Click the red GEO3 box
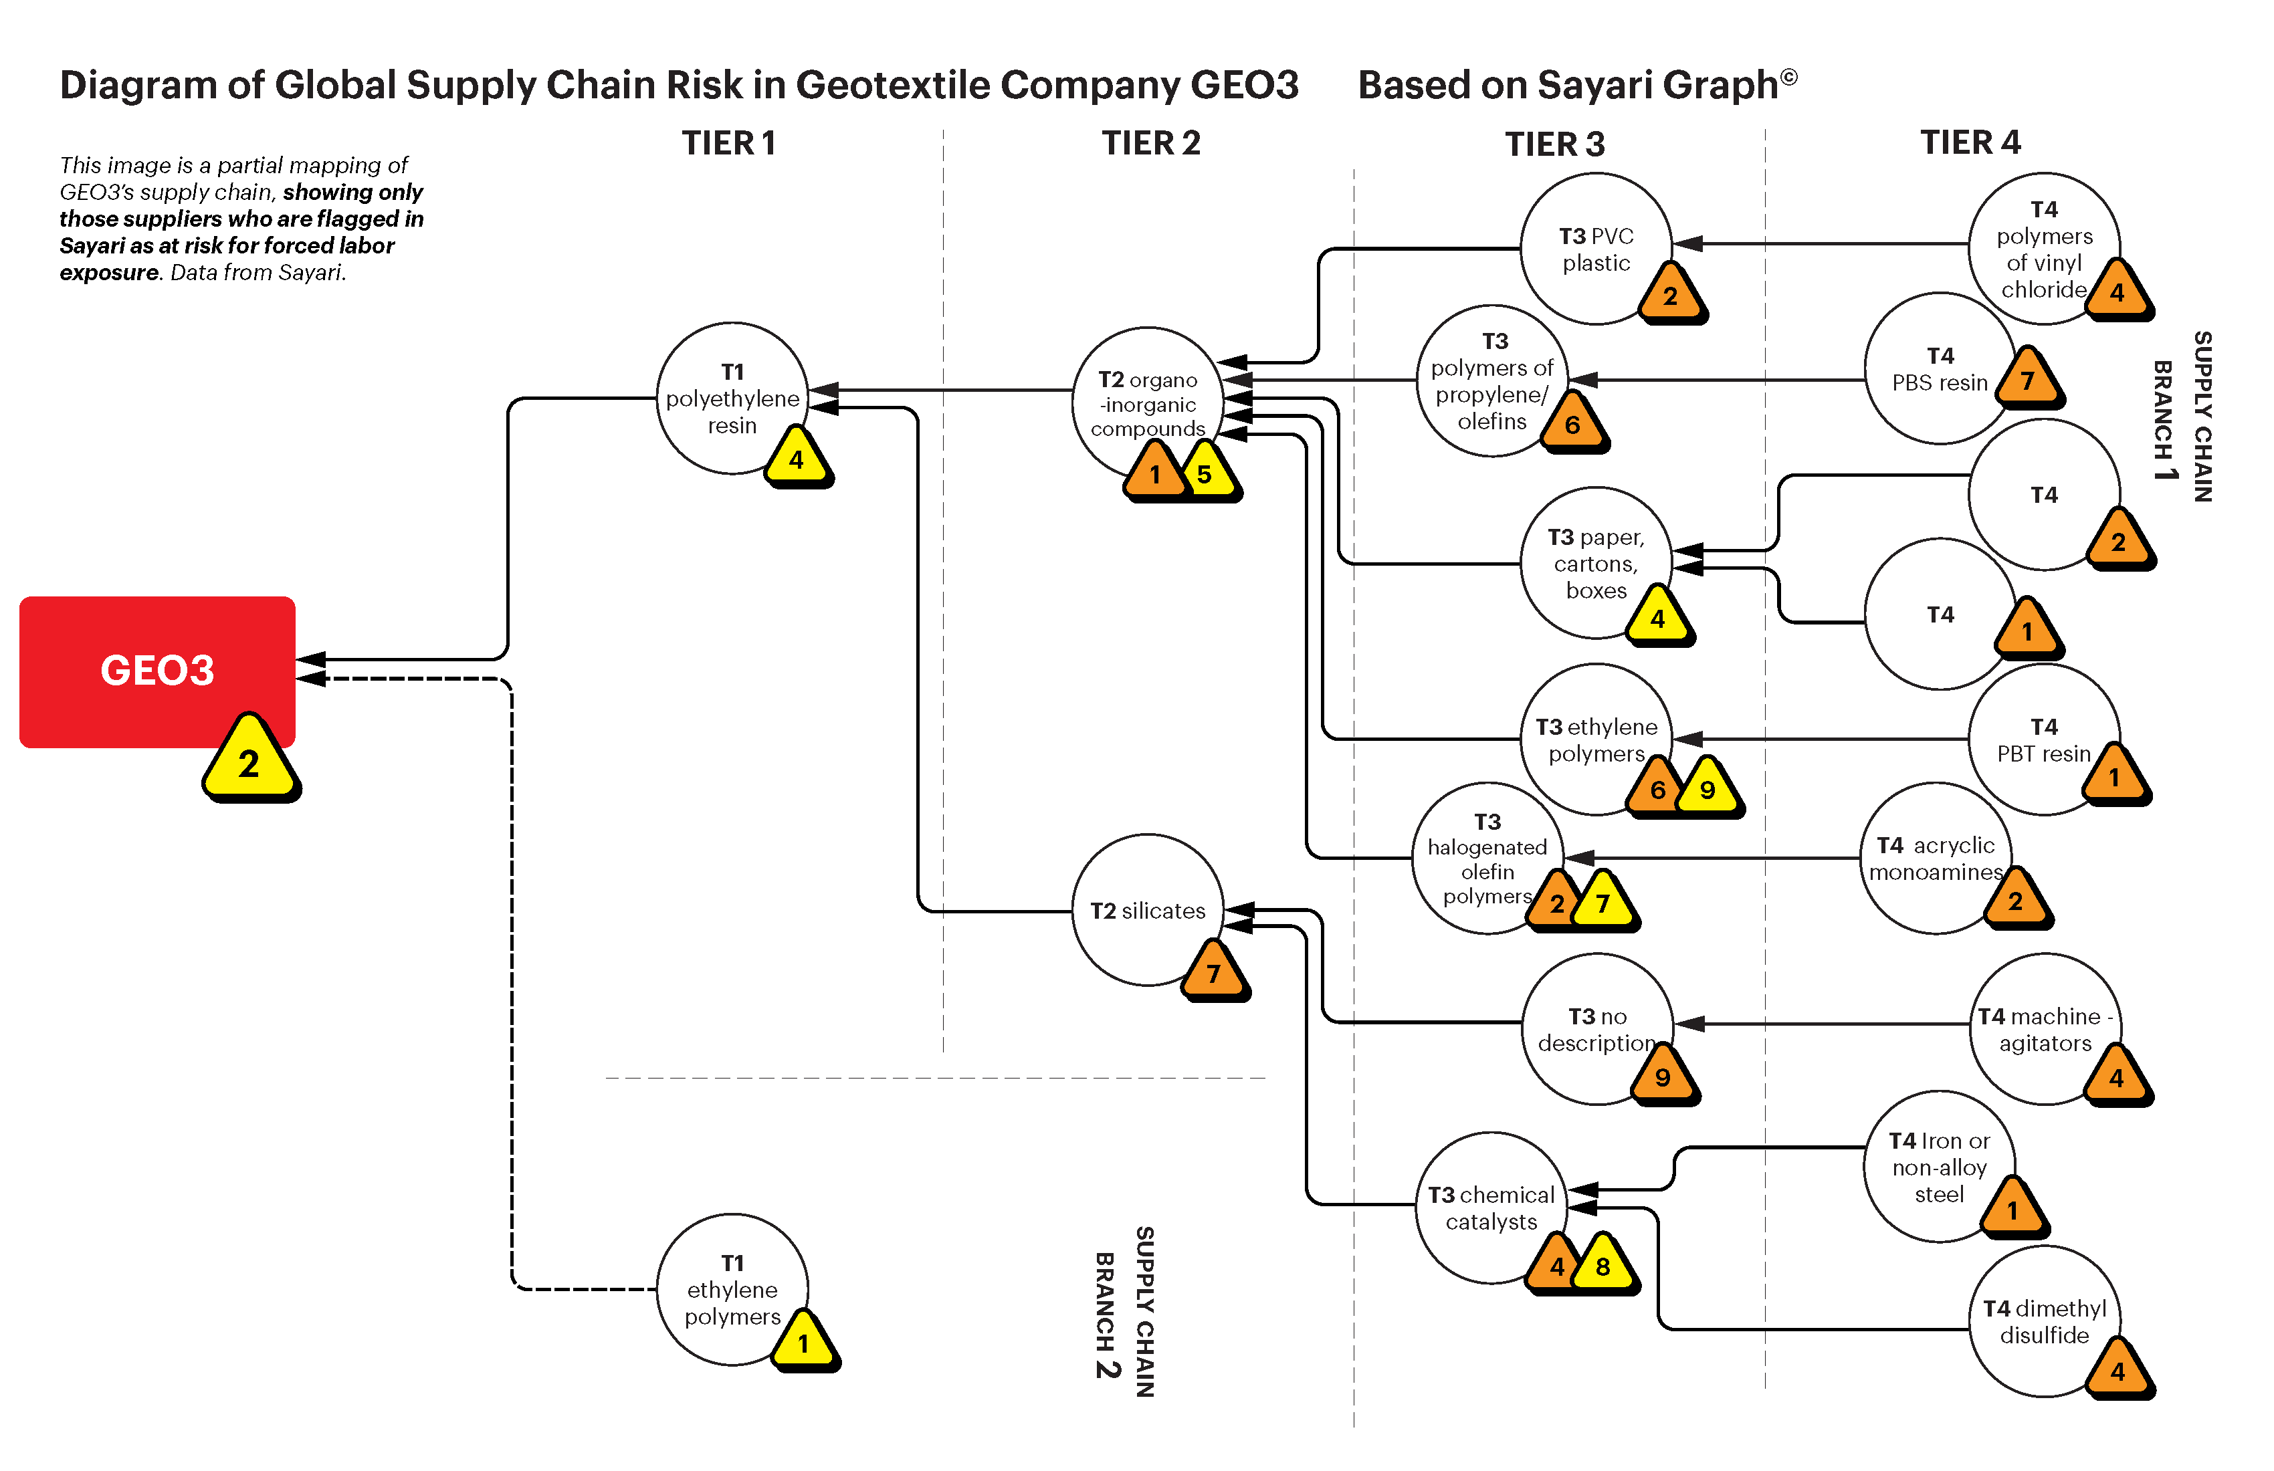[x=157, y=671]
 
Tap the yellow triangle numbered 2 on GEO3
[x=249, y=762]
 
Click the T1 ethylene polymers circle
[x=732, y=1290]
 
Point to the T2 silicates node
[x=1148, y=910]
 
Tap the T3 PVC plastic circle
[x=1596, y=248]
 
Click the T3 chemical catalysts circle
[x=1491, y=1208]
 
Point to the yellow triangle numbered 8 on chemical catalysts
[x=1603, y=1266]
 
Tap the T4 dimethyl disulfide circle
[x=2045, y=1321]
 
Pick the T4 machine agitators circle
[x=2045, y=1029]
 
